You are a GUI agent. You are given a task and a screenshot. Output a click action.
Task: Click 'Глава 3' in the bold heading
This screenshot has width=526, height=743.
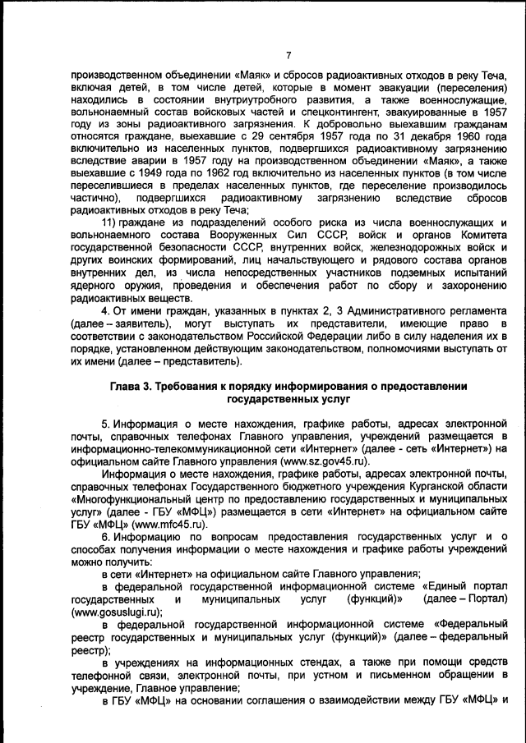pos(132,385)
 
